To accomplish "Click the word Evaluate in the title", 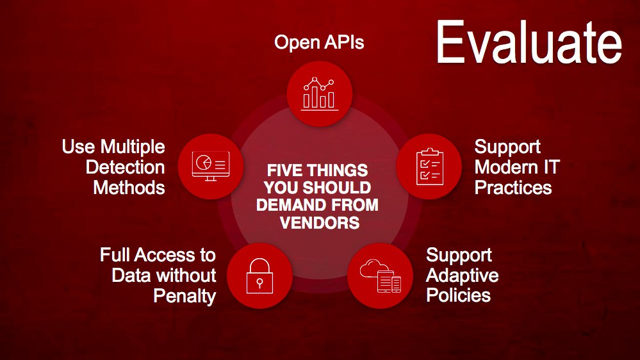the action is click(x=529, y=42).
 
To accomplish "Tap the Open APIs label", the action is click(x=319, y=42).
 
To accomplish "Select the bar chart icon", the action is click(x=320, y=94).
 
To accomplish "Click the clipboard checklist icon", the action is click(x=429, y=167).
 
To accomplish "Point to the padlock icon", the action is click(x=259, y=275).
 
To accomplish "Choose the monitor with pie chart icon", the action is click(x=211, y=166).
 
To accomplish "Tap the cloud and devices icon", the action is click(x=381, y=275).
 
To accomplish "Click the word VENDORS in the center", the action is click(x=320, y=223).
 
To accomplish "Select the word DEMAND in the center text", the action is click(x=288, y=205).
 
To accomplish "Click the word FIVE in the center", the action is click(x=284, y=170).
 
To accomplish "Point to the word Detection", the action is click(x=126, y=167).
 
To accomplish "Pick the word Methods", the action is click(x=129, y=188).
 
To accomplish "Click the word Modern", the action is click(x=500, y=167).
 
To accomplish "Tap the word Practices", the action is click(x=513, y=188).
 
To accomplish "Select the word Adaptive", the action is click(x=462, y=276).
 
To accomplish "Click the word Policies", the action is click(x=458, y=295).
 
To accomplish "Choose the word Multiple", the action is click(x=133, y=147).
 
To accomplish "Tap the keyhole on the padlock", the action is click(x=259, y=283).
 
